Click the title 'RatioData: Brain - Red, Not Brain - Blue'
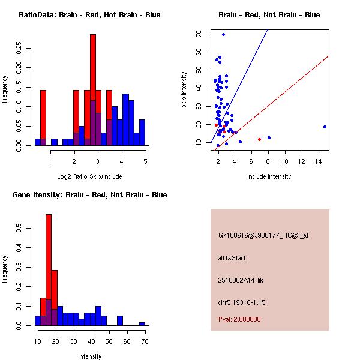point(89,14)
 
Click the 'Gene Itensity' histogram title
point(89,194)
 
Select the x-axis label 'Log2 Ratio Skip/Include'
point(89,176)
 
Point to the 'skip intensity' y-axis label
point(184,90)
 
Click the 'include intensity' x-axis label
point(269,176)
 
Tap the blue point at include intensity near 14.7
point(325,127)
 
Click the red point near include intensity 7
point(259,139)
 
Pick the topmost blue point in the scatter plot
point(223,34)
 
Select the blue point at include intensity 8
point(269,137)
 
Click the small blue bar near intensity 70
point(142,323)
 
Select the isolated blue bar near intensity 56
point(120,320)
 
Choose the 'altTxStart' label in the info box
point(232,258)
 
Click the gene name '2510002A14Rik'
point(239,280)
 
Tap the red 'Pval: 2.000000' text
point(239,319)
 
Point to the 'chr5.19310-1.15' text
point(241,302)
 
